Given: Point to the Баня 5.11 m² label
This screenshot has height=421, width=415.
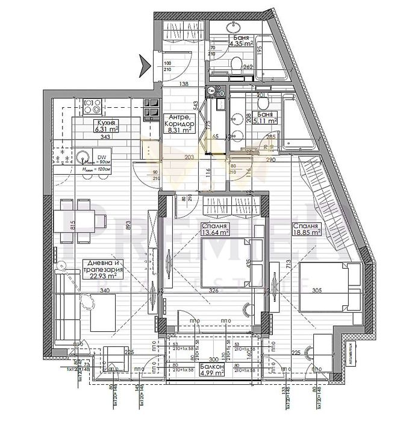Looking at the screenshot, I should [x=265, y=117].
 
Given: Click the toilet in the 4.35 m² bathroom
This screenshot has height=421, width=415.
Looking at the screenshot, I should [x=236, y=64].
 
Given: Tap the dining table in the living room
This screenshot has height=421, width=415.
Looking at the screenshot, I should [x=78, y=220].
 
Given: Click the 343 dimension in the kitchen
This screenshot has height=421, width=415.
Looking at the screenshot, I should [x=105, y=137].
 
